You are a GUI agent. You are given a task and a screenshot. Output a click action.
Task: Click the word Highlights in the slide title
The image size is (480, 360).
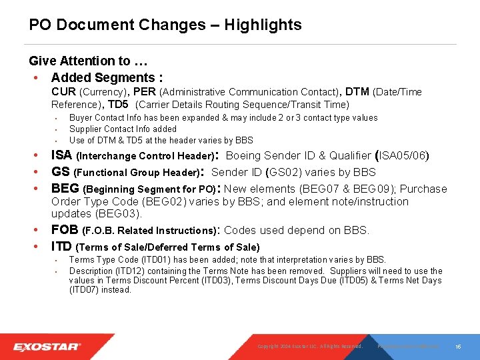click(x=263, y=25)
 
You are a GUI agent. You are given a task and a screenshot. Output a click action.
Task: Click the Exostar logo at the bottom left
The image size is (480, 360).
click(x=47, y=347)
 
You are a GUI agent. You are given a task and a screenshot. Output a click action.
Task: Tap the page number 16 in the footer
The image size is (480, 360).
click(x=459, y=347)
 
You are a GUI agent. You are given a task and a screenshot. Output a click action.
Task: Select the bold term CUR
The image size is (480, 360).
click(x=64, y=92)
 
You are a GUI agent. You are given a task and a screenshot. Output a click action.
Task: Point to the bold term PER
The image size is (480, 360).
click(x=145, y=92)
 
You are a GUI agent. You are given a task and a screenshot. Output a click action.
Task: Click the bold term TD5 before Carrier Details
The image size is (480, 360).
click(x=119, y=104)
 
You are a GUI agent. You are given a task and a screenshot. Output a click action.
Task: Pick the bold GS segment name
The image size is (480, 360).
click(x=61, y=172)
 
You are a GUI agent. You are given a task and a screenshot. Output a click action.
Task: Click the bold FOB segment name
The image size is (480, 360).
click(x=65, y=231)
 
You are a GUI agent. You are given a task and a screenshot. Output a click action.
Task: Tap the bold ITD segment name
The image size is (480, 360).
click(x=63, y=247)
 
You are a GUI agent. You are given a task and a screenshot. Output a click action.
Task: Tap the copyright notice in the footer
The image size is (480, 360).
click(x=309, y=347)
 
